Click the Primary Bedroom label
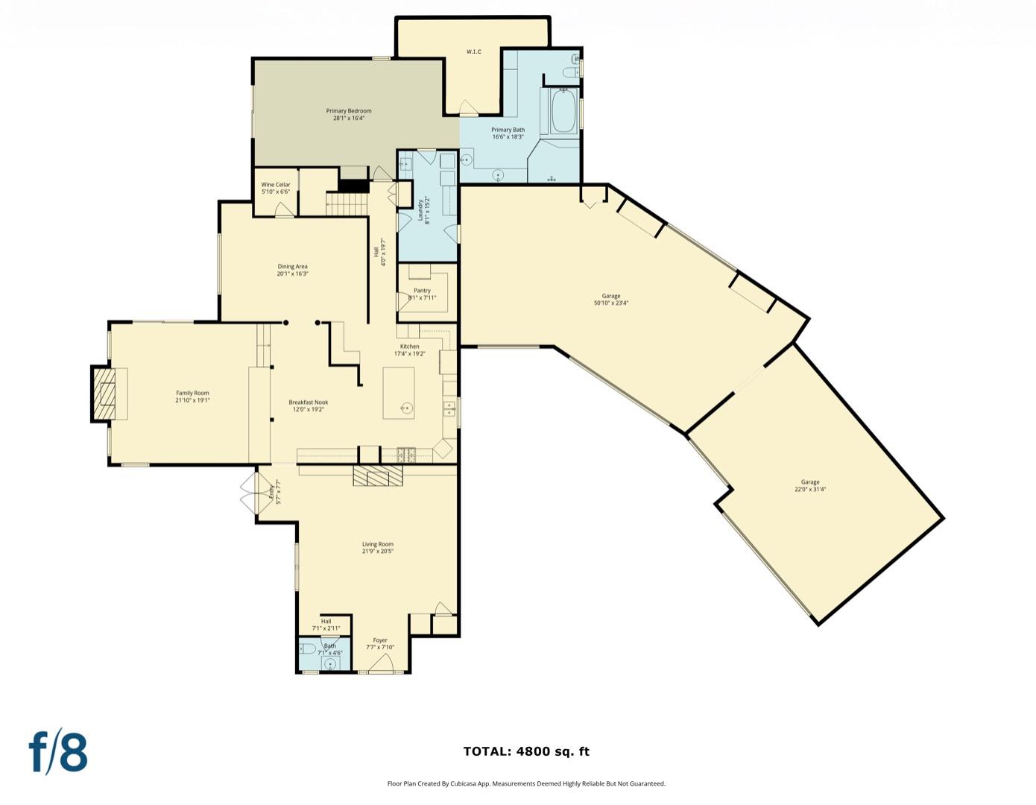(348, 111)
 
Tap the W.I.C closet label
(473, 51)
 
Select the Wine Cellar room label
(275, 185)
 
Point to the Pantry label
(422, 291)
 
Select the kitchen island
(399, 393)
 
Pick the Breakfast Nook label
(308, 402)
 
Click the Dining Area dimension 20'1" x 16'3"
(292, 274)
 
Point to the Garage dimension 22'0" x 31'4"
(809, 490)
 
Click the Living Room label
(377, 544)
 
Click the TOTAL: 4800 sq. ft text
(525, 751)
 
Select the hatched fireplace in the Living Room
(377, 476)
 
